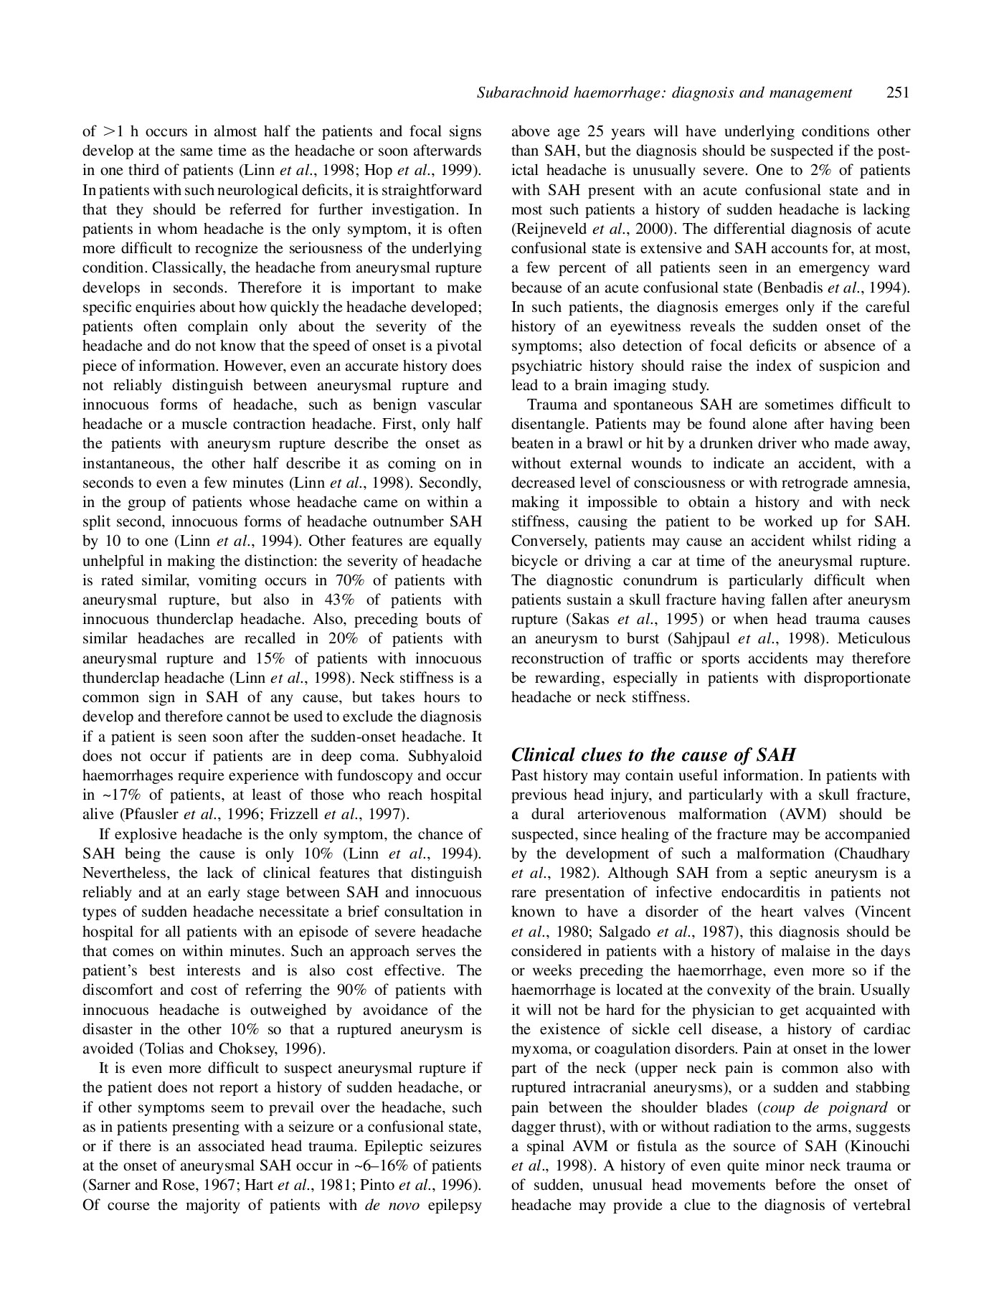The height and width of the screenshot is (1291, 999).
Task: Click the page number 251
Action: (898, 93)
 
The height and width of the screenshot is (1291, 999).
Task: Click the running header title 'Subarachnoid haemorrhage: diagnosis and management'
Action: (664, 93)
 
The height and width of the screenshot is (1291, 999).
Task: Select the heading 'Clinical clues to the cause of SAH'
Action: (653, 755)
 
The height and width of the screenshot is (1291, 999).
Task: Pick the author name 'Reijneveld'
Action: (552, 230)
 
